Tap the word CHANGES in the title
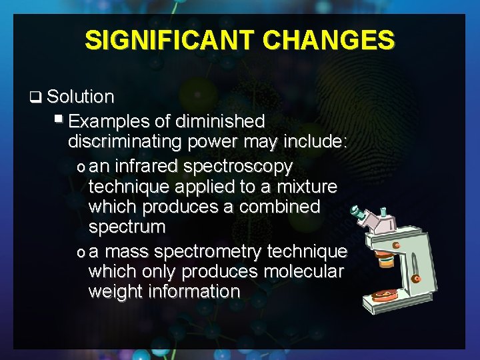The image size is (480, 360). [329, 41]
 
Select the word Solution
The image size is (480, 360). [81, 97]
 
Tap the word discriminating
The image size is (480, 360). [126, 142]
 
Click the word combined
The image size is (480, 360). [275, 207]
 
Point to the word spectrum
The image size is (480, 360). [127, 227]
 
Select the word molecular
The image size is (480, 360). [303, 272]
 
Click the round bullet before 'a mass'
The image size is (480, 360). [81, 252]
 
